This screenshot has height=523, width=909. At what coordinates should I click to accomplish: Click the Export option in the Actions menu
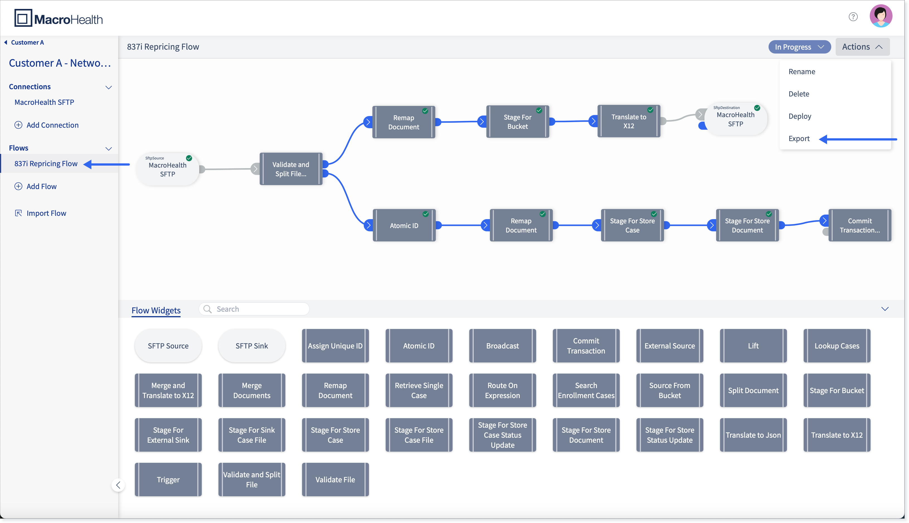tap(799, 139)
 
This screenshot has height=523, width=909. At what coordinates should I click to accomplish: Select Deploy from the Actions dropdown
tap(799, 116)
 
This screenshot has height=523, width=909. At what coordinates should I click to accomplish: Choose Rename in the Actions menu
tap(802, 71)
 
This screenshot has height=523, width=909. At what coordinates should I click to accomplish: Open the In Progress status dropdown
tap(799, 47)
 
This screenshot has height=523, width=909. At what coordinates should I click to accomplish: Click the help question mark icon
tap(853, 17)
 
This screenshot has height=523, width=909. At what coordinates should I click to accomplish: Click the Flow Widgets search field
tap(254, 309)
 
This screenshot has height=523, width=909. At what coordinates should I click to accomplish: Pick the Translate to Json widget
tap(753, 435)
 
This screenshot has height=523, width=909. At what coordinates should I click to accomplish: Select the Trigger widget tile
tap(168, 480)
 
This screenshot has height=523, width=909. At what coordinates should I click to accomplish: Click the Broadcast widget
tap(502, 346)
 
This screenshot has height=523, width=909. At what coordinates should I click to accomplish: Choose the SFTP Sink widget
tap(252, 346)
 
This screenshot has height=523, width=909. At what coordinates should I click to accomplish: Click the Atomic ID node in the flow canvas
tap(404, 225)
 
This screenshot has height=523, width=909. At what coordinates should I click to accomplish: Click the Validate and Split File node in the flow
tap(291, 169)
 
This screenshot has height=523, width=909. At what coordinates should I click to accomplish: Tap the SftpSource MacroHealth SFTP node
tap(167, 169)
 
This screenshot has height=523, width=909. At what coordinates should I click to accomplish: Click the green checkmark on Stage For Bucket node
tap(539, 110)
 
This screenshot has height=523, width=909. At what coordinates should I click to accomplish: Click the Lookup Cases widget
tap(837, 346)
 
